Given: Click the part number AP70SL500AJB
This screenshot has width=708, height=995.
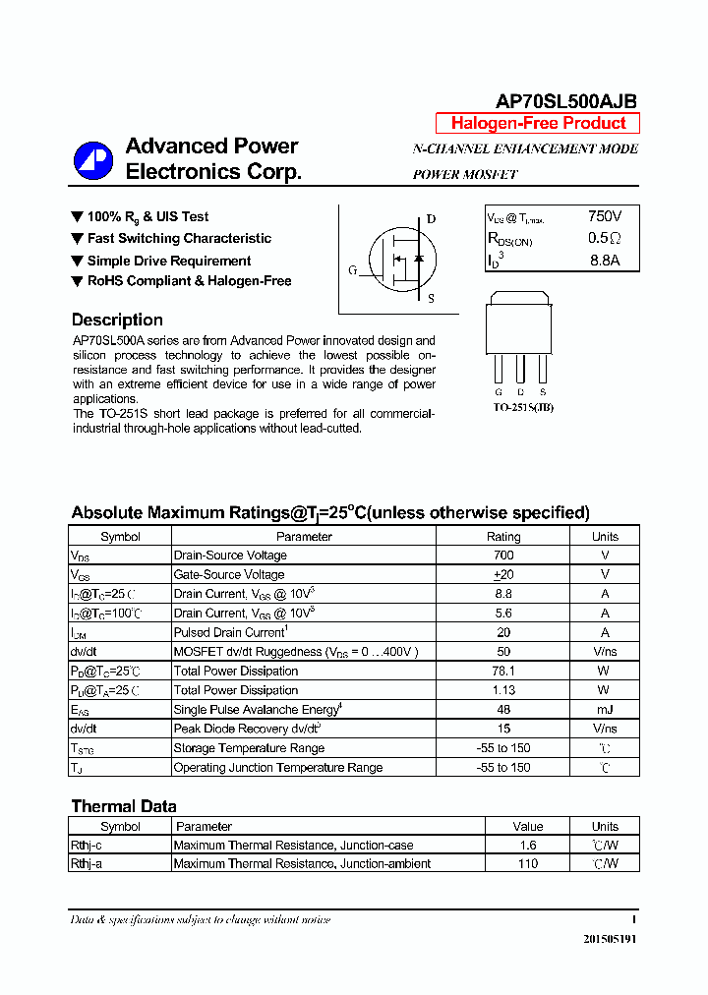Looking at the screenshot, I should click(x=565, y=101).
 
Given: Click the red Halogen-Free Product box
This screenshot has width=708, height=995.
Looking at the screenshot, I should click(x=538, y=124).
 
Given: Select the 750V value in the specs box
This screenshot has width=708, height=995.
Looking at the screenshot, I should click(x=605, y=216).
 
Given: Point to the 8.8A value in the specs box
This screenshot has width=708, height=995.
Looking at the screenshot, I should click(x=605, y=261).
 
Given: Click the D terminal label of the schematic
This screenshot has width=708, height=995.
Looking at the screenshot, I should click(x=431, y=219).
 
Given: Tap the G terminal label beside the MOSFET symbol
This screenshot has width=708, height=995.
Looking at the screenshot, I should click(x=352, y=270).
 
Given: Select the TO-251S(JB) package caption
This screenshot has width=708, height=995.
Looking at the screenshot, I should click(x=523, y=407).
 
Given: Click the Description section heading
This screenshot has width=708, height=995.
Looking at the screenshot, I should click(x=117, y=320).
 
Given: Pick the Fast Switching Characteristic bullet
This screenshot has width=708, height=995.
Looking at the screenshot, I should click(x=179, y=238).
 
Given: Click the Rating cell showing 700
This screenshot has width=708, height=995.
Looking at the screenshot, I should click(x=503, y=556).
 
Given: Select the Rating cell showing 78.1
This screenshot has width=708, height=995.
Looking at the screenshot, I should click(x=503, y=671).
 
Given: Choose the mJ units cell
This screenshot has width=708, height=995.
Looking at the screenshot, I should click(x=605, y=709).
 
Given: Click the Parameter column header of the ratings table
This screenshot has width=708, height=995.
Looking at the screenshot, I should click(x=304, y=537).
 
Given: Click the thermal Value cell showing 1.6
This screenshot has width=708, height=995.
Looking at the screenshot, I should click(x=528, y=846).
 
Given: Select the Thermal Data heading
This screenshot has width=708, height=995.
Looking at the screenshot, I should click(x=124, y=806).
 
